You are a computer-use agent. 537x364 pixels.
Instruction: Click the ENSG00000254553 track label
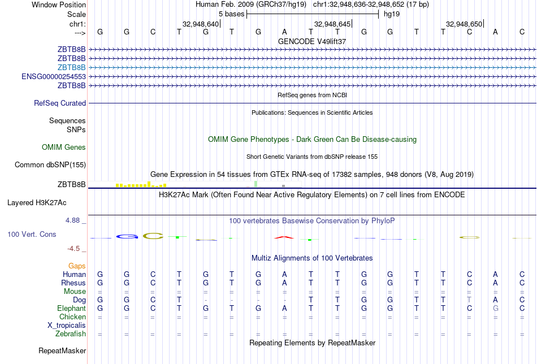(x=54, y=76)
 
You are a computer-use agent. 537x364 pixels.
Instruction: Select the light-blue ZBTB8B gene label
(x=71, y=67)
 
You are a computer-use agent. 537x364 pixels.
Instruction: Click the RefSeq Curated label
(x=60, y=103)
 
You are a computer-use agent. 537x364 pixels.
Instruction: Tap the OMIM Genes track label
(x=64, y=148)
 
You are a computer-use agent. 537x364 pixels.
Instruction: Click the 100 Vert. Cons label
(x=32, y=234)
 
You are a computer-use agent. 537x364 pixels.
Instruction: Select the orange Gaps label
(x=77, y=266)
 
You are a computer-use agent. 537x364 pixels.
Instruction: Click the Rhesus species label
(x=73, y=283)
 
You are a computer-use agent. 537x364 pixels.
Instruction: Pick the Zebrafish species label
(x=70, y=334)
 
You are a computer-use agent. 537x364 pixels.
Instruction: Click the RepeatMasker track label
(x=62, y=351)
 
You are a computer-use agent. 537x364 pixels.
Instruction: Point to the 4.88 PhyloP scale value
(x=73, y=220)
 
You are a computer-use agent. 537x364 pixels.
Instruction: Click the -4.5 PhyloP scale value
(x=73, y=248)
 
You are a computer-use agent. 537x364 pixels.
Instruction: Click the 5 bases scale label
(x=231, y=14)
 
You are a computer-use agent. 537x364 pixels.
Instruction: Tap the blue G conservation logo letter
(x=127, y=236)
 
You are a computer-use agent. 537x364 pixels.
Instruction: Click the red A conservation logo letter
(x=284, y=237)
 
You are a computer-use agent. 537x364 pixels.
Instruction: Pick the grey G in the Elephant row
(x=496, y=309)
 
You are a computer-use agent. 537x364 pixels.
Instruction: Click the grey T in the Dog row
(x=469, y=300)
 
